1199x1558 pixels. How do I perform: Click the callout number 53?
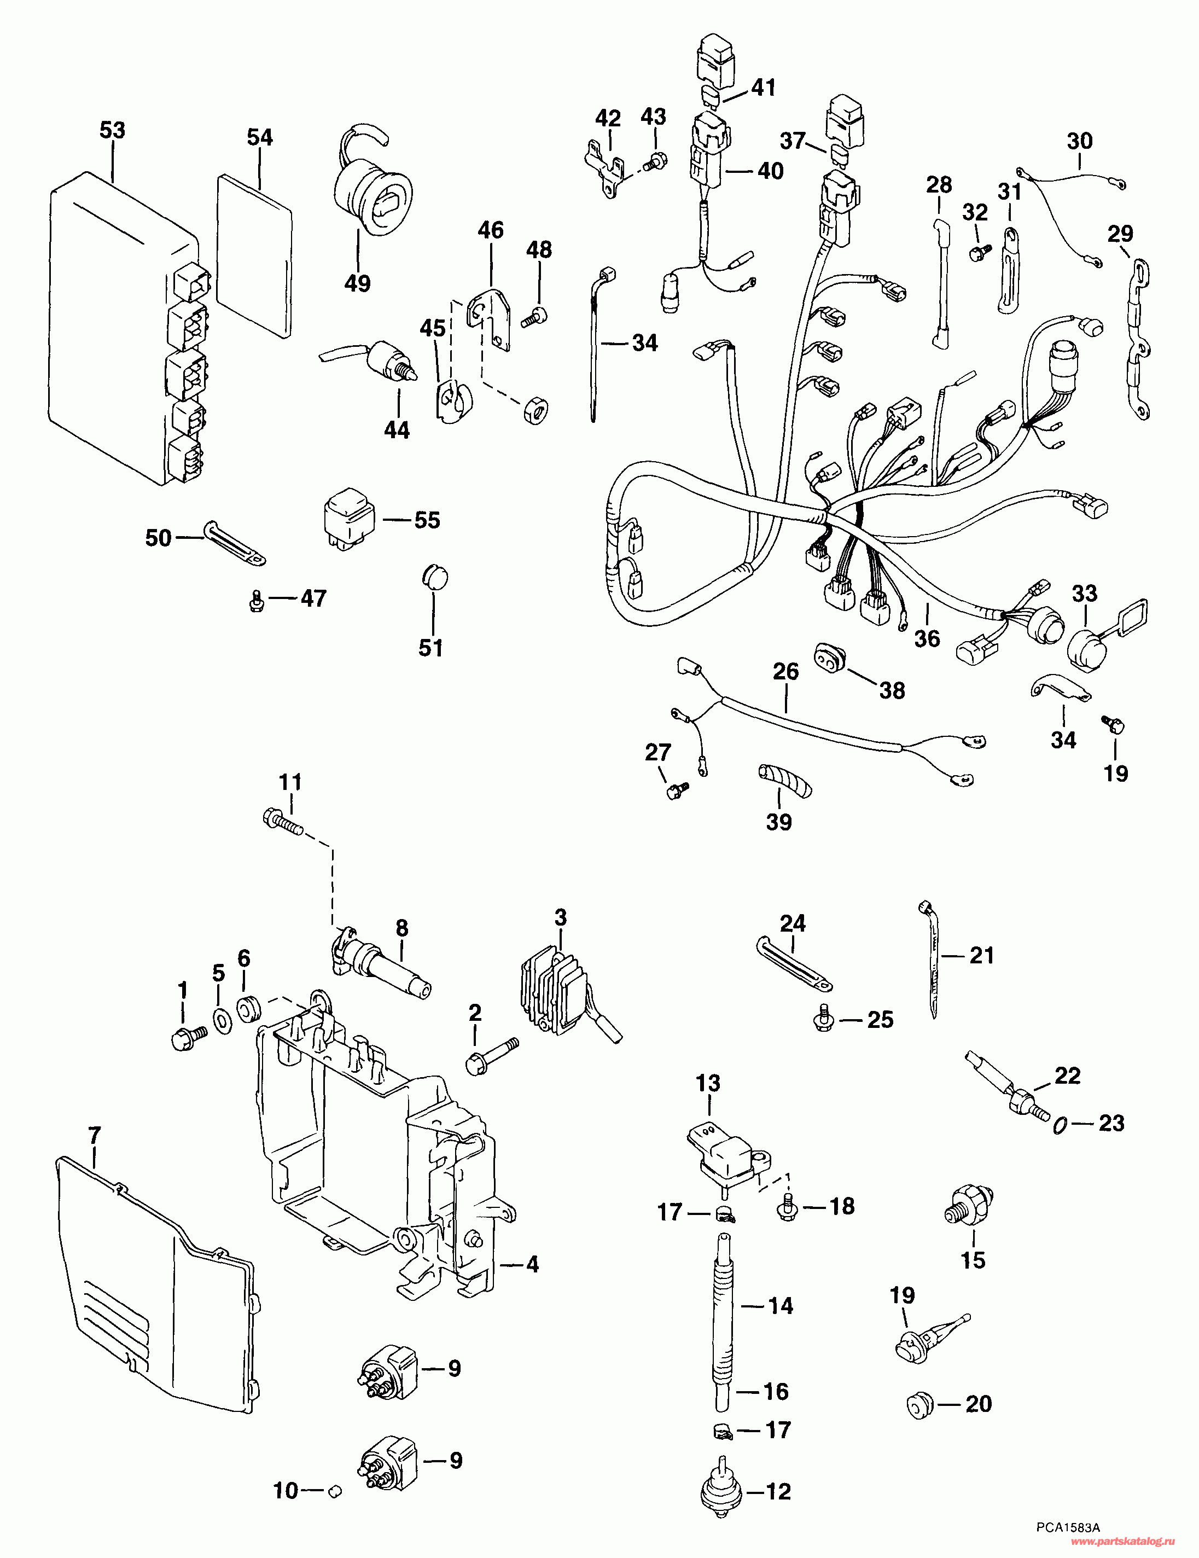[112, 131]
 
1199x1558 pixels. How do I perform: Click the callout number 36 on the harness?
[927, 638]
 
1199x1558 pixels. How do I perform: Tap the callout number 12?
[778, 1491]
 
